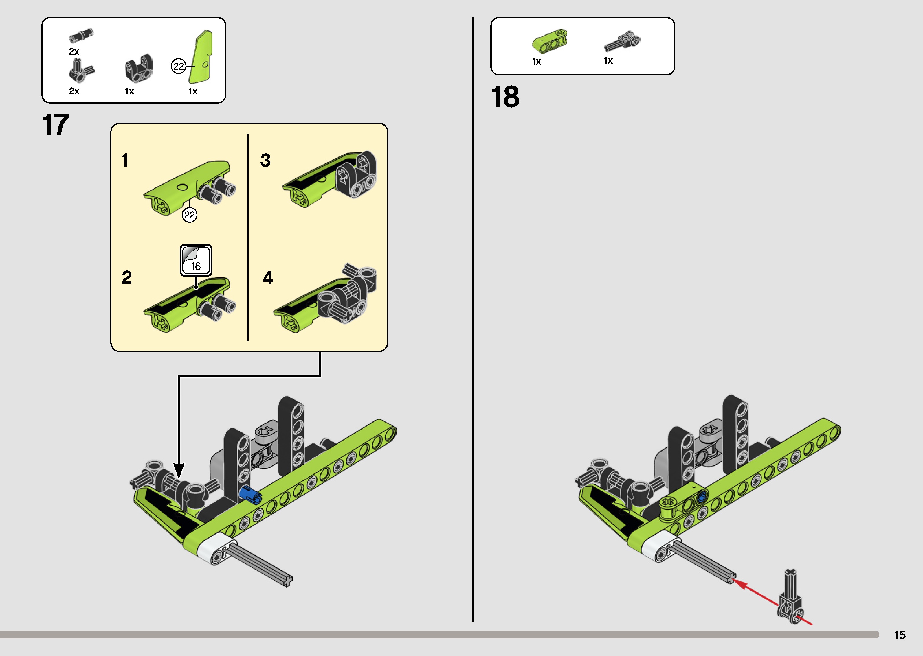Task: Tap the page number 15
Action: coord(900,635)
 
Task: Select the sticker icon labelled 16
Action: coord(196,260)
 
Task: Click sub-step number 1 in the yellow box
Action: coord(125,160)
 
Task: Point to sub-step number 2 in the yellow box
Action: coord(126,277)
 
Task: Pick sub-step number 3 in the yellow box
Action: coord(265,160)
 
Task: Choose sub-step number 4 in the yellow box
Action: coord(267,278)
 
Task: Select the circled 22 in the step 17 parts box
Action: coord(178,66)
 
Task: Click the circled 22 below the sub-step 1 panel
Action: coord(190,215)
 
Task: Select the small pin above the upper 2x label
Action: coord(81,36)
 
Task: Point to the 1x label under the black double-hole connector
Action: coord(129,91)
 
